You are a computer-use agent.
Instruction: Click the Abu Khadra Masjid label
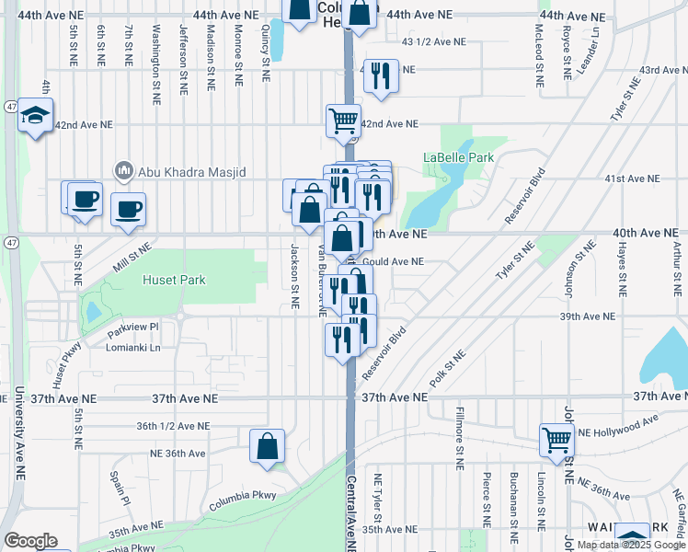pyautogui.click(x=181, y=170)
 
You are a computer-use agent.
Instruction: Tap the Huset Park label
pyautogui.click(x=174, y=280)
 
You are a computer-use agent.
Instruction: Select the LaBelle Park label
pyautogui.click(x=458, y=157)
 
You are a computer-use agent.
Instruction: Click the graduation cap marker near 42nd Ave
pyautogui.click(x=35, y=115)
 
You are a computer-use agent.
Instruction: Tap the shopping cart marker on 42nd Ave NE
pyautogui.click(x=343, y=119)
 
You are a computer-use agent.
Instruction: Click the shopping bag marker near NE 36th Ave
pyautogui.click(x=266, y=446)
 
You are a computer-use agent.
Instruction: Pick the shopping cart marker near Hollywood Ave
pyautogui.click(x=557, y=440)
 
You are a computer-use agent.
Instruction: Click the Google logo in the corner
pyautogui.click(x=30, y=541)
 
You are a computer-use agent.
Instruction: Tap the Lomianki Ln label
pyautogui.click(x=133, y=348)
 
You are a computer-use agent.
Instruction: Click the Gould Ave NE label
pyautogui.click(x=394, y=261)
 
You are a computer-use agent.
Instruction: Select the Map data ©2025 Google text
pyautogui.click(x=631, y=545)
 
